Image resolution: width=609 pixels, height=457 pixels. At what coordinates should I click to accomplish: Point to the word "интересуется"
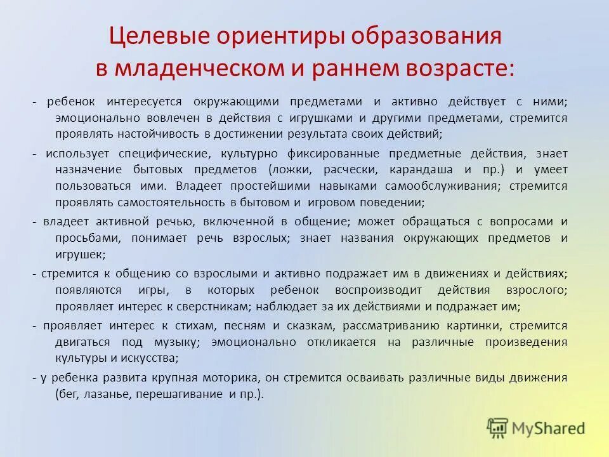click(145, 102)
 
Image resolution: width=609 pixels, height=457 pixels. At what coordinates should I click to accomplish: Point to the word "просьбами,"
click(85, 238)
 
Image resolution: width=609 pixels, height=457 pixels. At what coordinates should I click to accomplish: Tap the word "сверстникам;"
click(211, 307)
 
